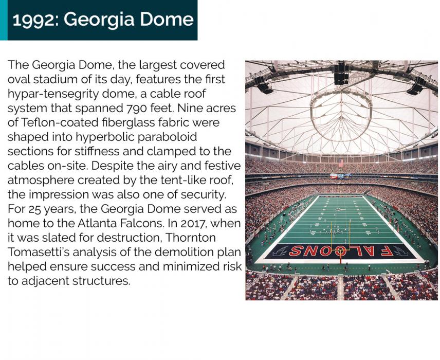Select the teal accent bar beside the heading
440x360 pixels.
tap(4, 20)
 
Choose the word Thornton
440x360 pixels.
tap(190, 238)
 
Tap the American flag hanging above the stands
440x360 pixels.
tap(341, 163)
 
